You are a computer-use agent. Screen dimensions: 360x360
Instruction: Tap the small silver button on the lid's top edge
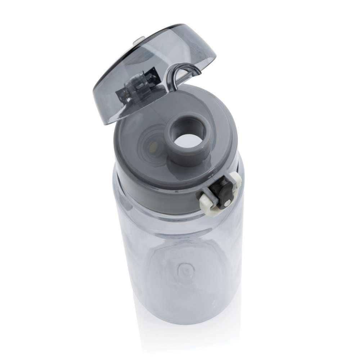click(x=138, y=42)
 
